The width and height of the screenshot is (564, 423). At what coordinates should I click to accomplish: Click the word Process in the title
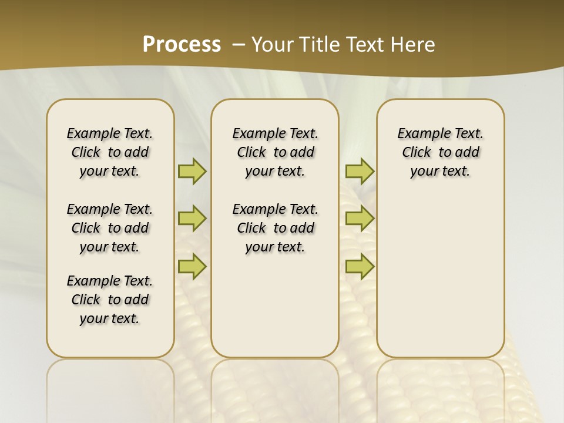(x=182, y=44)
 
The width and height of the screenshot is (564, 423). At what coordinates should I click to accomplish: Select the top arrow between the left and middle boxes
(x=192, y=171)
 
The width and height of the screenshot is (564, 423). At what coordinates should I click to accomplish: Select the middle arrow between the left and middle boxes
(x=192, y=219)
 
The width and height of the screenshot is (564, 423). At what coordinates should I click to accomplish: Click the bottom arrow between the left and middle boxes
(x=192, y=266)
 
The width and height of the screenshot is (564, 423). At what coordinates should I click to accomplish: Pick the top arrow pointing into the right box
(x=360, y=171)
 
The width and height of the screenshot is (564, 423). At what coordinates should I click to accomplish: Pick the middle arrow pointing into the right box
(x=360, y=219)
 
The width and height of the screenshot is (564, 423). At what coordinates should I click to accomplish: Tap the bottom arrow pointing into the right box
(x=360, y=266)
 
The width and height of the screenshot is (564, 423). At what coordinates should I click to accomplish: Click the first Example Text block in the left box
(x=110, y=152)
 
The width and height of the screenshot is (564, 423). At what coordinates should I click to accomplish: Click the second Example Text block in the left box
(x=110, y=228)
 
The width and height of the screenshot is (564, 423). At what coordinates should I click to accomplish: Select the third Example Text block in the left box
(x=110, y=300)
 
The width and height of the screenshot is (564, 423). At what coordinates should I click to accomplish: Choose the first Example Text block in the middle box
(x=275, y=152)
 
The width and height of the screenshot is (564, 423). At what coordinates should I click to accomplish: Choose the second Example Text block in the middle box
(x=275, y=228)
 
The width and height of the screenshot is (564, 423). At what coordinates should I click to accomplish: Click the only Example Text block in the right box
(x=440, y=152)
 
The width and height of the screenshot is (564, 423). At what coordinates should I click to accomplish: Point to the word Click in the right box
(x=417, y=153)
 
